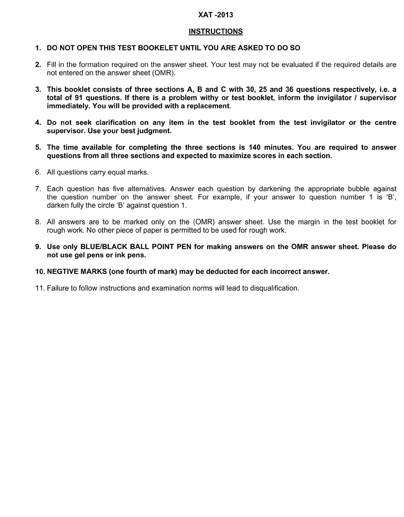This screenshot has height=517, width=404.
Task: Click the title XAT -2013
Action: (x=215, y=15)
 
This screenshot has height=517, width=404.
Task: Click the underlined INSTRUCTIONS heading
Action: (x=215, y=32)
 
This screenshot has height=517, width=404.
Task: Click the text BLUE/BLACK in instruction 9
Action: (x=104, y=247)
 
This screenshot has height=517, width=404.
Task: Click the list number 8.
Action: (x=38, y=222)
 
